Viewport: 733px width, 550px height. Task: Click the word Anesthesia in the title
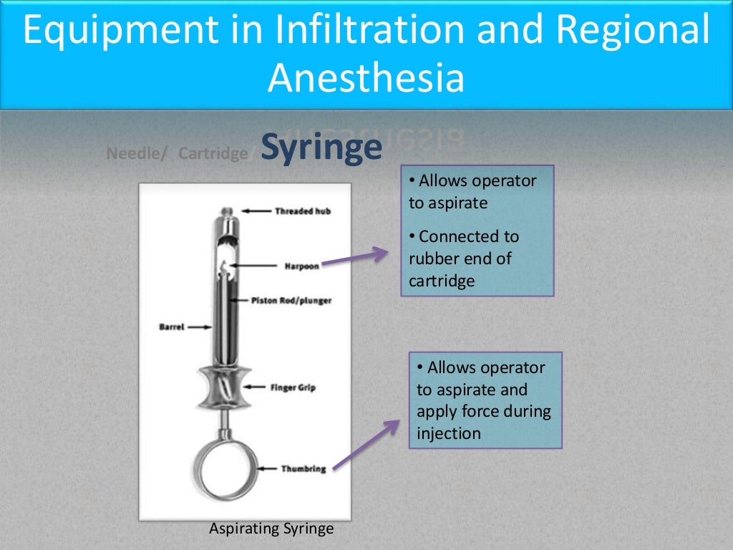[366, 78]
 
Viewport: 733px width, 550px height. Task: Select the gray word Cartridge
[213, 153]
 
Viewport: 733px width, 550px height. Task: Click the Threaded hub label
[303, 211]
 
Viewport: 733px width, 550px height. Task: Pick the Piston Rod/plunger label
[291, 301]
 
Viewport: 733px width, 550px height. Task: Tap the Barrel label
[171, 327]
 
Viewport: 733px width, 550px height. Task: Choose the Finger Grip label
[293, 387]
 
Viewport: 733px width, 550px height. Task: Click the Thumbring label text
[304, 468]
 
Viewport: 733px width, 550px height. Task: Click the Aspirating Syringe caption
[271, 529]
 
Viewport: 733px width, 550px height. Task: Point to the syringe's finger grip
[228, 387]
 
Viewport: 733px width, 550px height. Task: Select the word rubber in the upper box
[433, 259]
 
